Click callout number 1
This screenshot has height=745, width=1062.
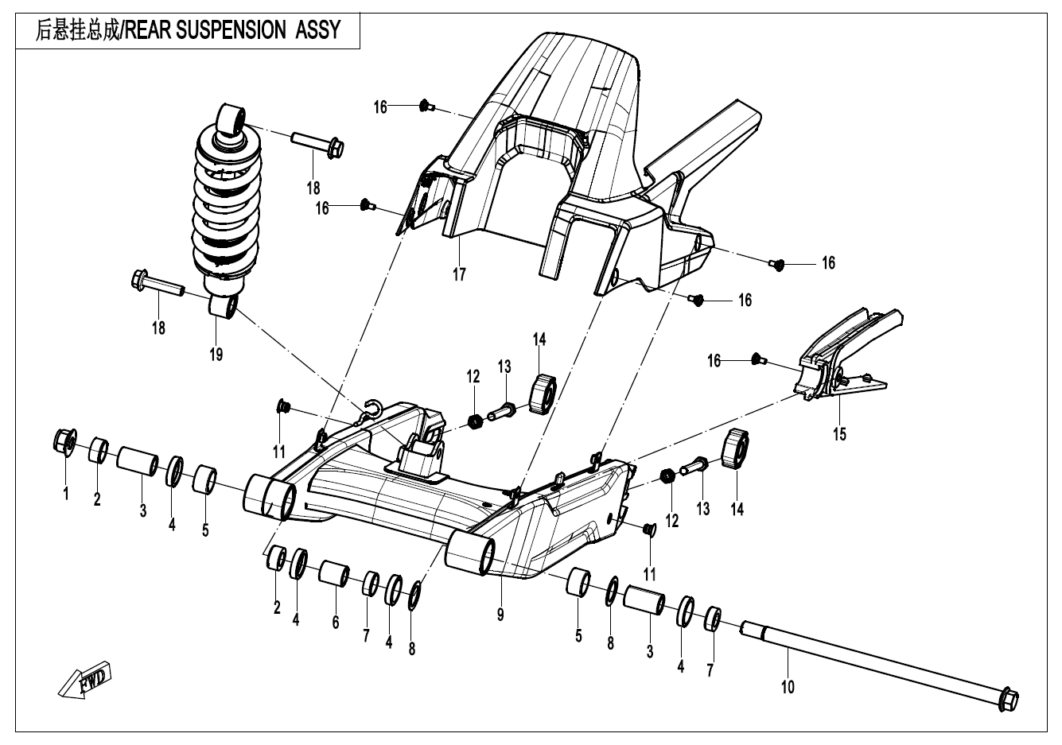pos(66,495)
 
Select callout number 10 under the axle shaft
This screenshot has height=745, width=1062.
pos(788,685)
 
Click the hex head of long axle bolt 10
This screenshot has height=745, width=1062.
pos(1007,700)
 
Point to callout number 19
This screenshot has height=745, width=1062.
pos(216,355)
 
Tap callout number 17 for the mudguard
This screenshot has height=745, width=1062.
pos(459,275)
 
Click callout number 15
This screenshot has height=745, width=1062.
pos(840,434)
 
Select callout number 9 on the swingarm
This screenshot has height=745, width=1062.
pos(500,614)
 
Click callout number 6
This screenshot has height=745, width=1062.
pos(336,622)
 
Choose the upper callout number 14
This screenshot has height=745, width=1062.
pos(540,340)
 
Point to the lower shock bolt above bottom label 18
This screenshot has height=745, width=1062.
pos(156,283)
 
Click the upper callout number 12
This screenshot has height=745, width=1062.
pos(473,376)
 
